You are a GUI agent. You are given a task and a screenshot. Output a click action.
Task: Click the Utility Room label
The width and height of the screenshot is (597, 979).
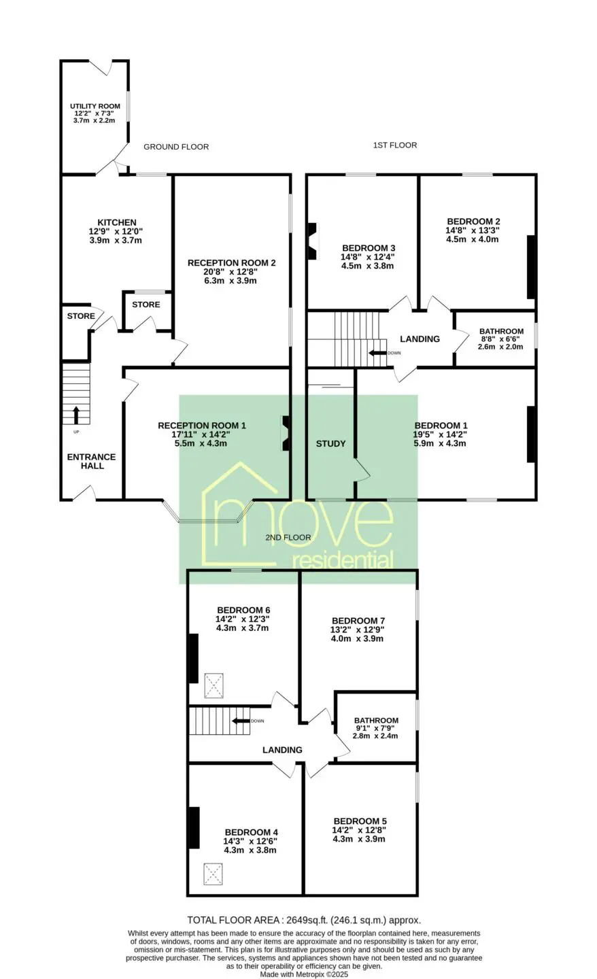click(x=95, y=106)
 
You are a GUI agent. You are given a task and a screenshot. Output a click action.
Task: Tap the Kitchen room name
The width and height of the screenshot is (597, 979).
click(x=117, y=222)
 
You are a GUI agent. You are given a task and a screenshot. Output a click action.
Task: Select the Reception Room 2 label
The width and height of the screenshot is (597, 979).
click(x=232, y=262)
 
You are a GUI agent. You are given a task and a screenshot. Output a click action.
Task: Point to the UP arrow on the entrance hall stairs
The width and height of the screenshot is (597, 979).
click(x=76, y=415)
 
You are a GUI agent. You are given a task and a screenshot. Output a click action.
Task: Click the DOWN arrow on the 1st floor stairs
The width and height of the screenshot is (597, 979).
click(x=377, y=353)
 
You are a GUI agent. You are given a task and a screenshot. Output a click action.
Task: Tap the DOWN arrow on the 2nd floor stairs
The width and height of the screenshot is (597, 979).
click(x=241, y=721)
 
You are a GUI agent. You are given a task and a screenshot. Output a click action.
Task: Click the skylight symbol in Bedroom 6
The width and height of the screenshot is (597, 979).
click(x=214, y=685)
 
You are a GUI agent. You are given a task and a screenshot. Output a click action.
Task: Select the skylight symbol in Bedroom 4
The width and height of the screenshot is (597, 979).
click(x=213, y=874)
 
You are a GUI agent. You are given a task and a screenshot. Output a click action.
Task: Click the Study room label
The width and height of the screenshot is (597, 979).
click(x=331, y=443)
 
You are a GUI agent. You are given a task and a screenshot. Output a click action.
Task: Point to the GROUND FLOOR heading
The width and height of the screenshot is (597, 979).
click(x=176, y=147)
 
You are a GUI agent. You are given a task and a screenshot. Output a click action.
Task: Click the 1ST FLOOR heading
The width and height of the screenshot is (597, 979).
click(x=395, y=145)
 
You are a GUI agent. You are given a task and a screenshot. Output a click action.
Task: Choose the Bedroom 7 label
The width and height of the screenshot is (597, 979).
click(x=358, y=621)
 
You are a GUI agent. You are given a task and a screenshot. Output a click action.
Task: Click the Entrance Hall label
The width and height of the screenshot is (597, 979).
click(x=91, y=461)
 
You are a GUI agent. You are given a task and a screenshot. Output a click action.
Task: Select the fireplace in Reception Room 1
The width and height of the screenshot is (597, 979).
click(x=286, y=433)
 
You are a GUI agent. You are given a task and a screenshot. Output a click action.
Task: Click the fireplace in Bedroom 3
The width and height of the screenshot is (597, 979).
click(x=313, y=241)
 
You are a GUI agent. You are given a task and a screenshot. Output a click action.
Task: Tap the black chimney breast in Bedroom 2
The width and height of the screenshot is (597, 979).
click(x=531, y=267)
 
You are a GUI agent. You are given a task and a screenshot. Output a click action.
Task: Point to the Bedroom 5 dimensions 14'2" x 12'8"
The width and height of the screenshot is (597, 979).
click(x=359, y=830)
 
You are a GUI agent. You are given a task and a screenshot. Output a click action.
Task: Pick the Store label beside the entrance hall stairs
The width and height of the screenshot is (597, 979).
click(x=81, y=316)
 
